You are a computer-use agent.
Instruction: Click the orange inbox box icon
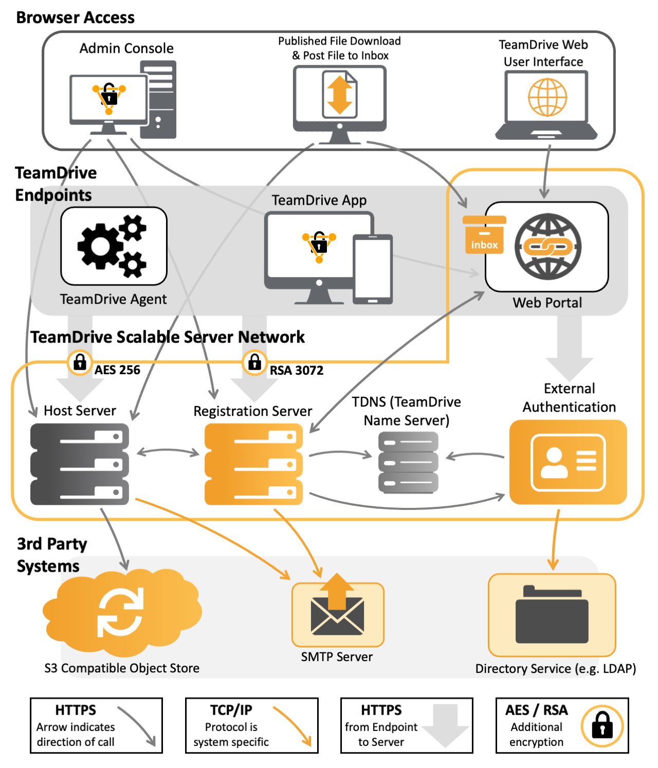click(x=484, y=235)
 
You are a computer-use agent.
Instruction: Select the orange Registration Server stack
click(x=253, y=464)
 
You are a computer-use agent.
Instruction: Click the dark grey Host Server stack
click(x=80, y=464)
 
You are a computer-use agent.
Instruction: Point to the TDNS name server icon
click(x=408, y=463)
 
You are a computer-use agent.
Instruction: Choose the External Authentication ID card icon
click(x=568, y=462)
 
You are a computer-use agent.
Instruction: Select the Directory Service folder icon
click(x=552, y=615)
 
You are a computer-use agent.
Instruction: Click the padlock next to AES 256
click(x=80, y=362)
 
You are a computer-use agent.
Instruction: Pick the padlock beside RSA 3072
click(x=254, y=362)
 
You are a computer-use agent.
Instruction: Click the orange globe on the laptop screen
click(x=547, y=97)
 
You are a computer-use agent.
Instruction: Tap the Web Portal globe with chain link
click(x=548, y=247)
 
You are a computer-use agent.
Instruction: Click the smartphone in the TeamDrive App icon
click(x=373, y=269)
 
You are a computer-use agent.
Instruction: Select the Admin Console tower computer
click(x=158, y=100)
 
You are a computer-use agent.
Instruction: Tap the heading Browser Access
click(x=76, y=17)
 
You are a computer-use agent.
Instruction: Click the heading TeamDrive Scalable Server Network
click(x=168, y=337)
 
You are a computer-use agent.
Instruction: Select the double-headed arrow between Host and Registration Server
click(x=168, y=452)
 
